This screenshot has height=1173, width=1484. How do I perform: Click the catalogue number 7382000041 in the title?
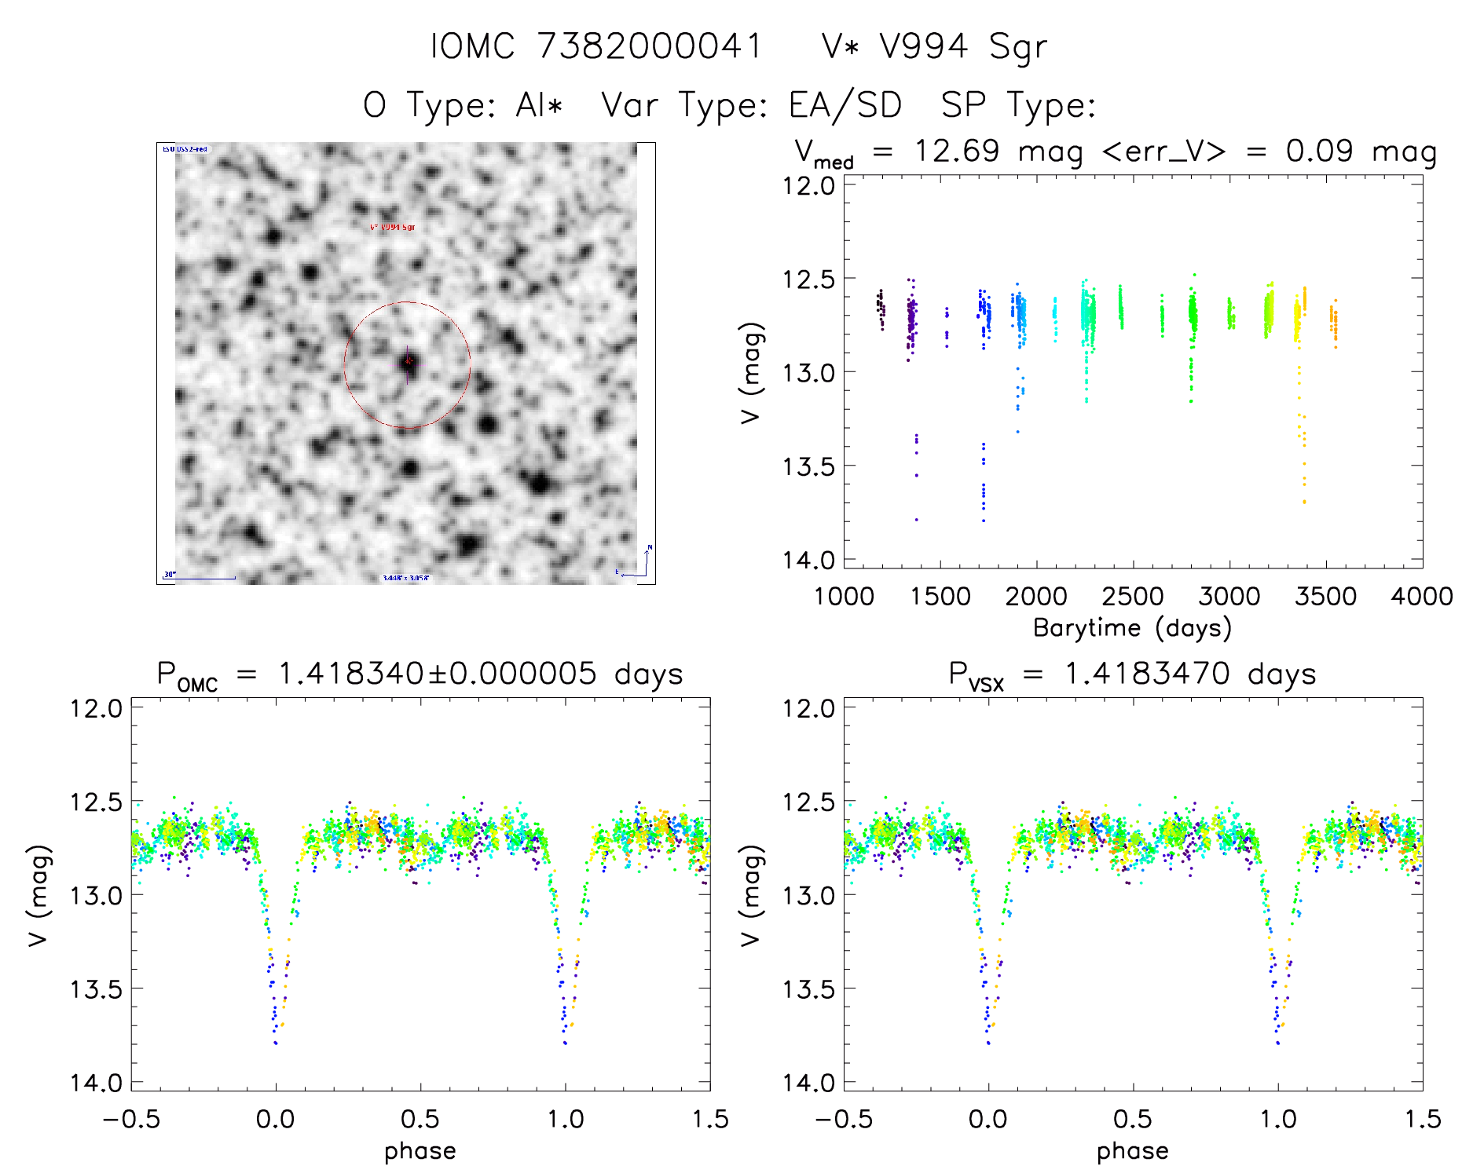pyautogui.click(x=650, y=46)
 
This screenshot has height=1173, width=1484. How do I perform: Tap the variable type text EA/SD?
pyautogui.click(x=845, y=104)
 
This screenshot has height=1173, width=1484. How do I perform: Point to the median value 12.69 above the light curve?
pyautogui.click(x=957, y=151)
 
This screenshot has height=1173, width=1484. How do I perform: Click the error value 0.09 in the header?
pyautogui.click(x=1320, y=151)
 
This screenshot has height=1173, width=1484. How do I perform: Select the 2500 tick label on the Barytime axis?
pyautogui.click(x=1133, y=597)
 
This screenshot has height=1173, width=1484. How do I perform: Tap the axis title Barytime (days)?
pyautogui.click(x=1132, y=628)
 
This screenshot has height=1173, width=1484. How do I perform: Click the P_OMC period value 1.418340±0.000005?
pyautogui.click(x=438, y=674)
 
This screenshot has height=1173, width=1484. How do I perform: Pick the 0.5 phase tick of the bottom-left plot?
pyautogui.click(x=420, y=1119)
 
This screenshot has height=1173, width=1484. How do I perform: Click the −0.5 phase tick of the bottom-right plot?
pyautogui.click(x=843, y=1119)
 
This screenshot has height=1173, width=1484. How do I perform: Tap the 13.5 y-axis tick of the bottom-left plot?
pyautogui.click(x=97, y=989)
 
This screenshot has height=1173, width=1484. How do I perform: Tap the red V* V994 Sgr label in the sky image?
pyautogui.click(x=392, y=227)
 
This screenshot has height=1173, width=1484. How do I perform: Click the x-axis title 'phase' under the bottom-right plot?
pyautogui.click(x=1132, y=1151)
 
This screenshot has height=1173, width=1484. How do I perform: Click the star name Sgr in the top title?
pyautogui.click(x=1018, y=46)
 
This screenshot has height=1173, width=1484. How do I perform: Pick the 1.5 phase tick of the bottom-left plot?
pyautogui.click(x=710, y=1119)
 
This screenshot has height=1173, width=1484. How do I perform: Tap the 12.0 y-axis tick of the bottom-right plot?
pyautogui.click(x=809, y=708)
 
